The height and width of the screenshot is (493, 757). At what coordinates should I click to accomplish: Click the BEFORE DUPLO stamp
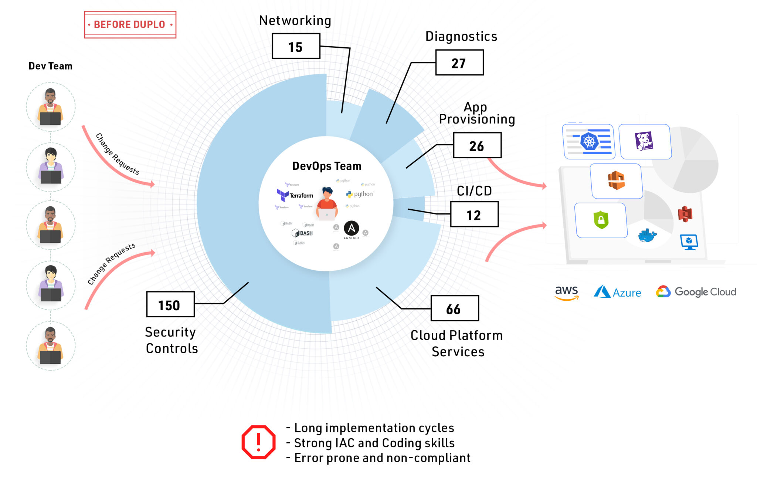130,24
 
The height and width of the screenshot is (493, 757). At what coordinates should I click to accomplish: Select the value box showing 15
296,46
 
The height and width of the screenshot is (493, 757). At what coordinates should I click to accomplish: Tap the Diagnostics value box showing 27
459,63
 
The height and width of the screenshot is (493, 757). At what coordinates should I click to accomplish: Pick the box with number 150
170,305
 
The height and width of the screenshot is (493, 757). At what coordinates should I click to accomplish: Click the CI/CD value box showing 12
474,215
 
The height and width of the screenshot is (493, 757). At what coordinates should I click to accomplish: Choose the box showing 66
454,308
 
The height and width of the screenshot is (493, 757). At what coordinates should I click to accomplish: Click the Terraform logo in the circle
295,195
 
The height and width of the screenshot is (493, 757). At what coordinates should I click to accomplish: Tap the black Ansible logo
351,229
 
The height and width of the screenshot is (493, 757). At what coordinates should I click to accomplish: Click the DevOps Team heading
327,166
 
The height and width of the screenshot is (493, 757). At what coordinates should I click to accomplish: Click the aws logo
566,292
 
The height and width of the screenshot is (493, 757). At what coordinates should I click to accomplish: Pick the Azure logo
617,292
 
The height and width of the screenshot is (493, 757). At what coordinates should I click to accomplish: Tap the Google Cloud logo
696,292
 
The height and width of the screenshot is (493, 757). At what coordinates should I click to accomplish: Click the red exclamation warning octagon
258,442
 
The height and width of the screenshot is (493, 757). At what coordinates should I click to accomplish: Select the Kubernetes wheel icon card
589,142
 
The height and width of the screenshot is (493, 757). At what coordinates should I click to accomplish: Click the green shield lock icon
601,220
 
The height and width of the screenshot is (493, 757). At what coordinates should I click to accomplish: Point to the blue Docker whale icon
647,235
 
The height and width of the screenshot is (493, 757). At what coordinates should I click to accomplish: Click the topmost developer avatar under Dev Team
51,107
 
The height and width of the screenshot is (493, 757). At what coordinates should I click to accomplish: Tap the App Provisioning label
476,113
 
